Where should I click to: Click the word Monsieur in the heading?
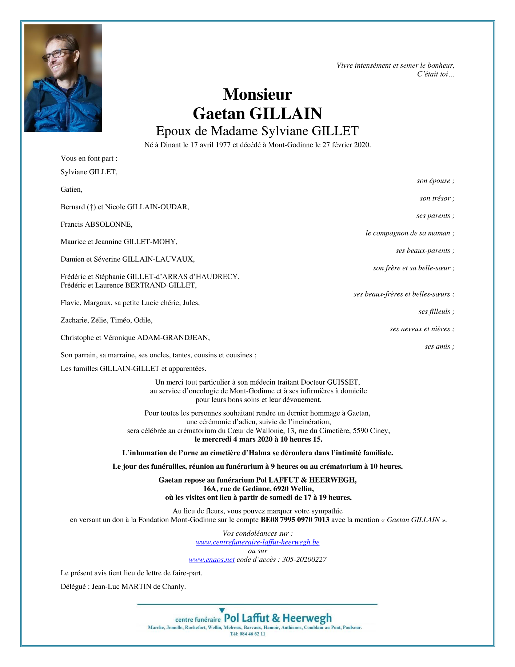pyautogui.click(x=257, y=94)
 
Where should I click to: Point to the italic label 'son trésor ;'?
pyautogui.click(x=437, y=198)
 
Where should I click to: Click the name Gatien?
pyautogui.click(x=71, y=189)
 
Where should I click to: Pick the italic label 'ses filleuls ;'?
pyautogui.click(x=436, y=311)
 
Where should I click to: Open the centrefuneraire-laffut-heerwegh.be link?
pyautogui.click(x=257, y=542)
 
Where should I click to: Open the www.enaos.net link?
pyautogui.click(x=212, y=560)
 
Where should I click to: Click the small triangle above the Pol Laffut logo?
pyautogui.click(x=222, y=610)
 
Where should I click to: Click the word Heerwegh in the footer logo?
pyautogui.click(x=307, y=618)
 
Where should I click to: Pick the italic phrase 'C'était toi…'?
pyautogui.click(x=435, y=74)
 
